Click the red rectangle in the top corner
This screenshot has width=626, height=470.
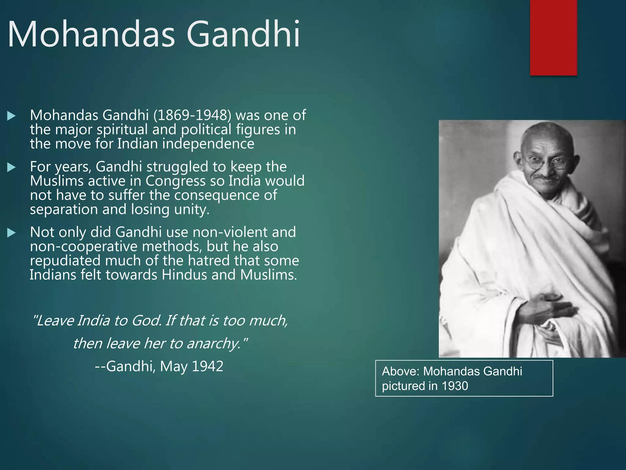click(553, 37)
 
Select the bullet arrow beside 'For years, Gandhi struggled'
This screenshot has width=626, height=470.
click(11, 167)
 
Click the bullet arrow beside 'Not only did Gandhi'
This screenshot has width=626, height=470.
click(11, 233)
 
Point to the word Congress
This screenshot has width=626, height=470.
click(175, 181)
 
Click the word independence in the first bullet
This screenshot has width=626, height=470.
click(208, 144)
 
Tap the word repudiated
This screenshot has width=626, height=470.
click(65, 261)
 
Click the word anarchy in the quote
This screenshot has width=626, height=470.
click(214, 343)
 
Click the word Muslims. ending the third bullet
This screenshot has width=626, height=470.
click(268, 275)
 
